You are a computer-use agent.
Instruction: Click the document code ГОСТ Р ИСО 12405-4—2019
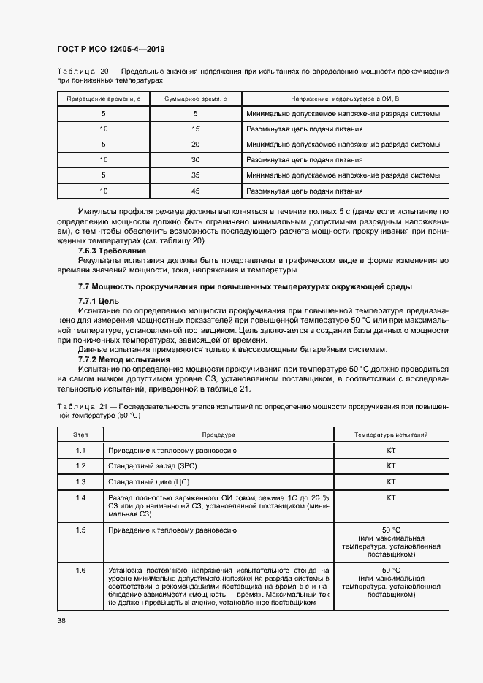112,49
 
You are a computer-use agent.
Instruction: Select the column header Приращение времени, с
103,98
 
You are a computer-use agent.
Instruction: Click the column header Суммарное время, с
195,98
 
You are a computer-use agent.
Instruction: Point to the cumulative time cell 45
195,191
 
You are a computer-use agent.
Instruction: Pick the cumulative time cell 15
195,129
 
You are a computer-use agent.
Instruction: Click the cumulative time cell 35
195,175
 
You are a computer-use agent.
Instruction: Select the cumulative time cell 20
195,145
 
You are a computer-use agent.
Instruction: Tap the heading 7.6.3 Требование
112,251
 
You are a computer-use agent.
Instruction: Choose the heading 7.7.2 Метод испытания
123,359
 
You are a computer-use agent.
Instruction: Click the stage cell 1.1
80,450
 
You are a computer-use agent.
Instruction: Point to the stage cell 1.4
80,498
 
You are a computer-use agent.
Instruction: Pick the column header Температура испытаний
391,435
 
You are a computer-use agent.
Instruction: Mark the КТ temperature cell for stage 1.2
391,466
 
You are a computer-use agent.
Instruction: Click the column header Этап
80,435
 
